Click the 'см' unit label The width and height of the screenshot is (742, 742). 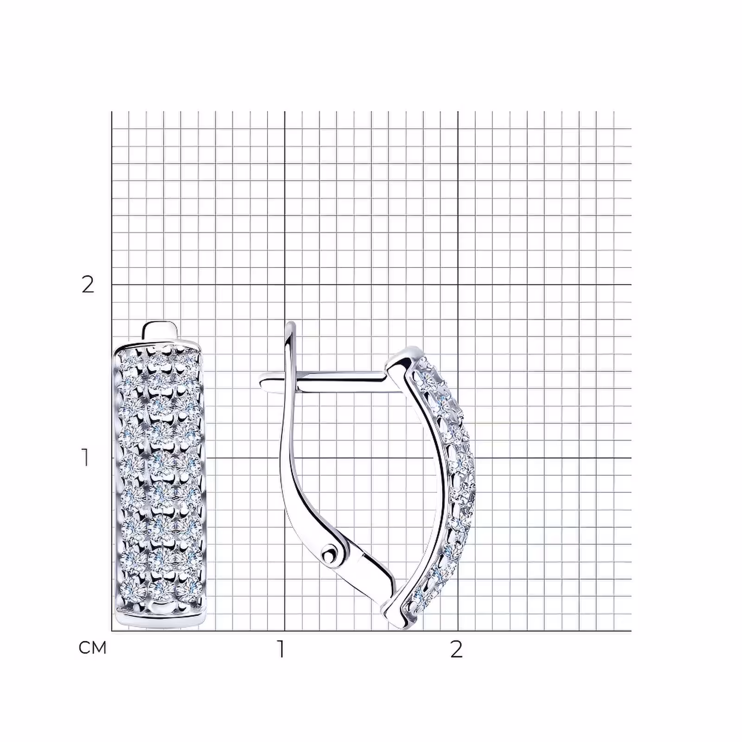93,647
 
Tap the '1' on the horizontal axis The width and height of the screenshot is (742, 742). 281,649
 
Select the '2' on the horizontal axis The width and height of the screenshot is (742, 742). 456,649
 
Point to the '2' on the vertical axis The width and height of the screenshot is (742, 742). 88,284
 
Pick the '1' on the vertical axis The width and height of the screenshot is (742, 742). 85,458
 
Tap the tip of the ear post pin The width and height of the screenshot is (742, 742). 262,383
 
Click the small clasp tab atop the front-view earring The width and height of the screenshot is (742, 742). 160,330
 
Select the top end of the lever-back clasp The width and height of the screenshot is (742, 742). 291,324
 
